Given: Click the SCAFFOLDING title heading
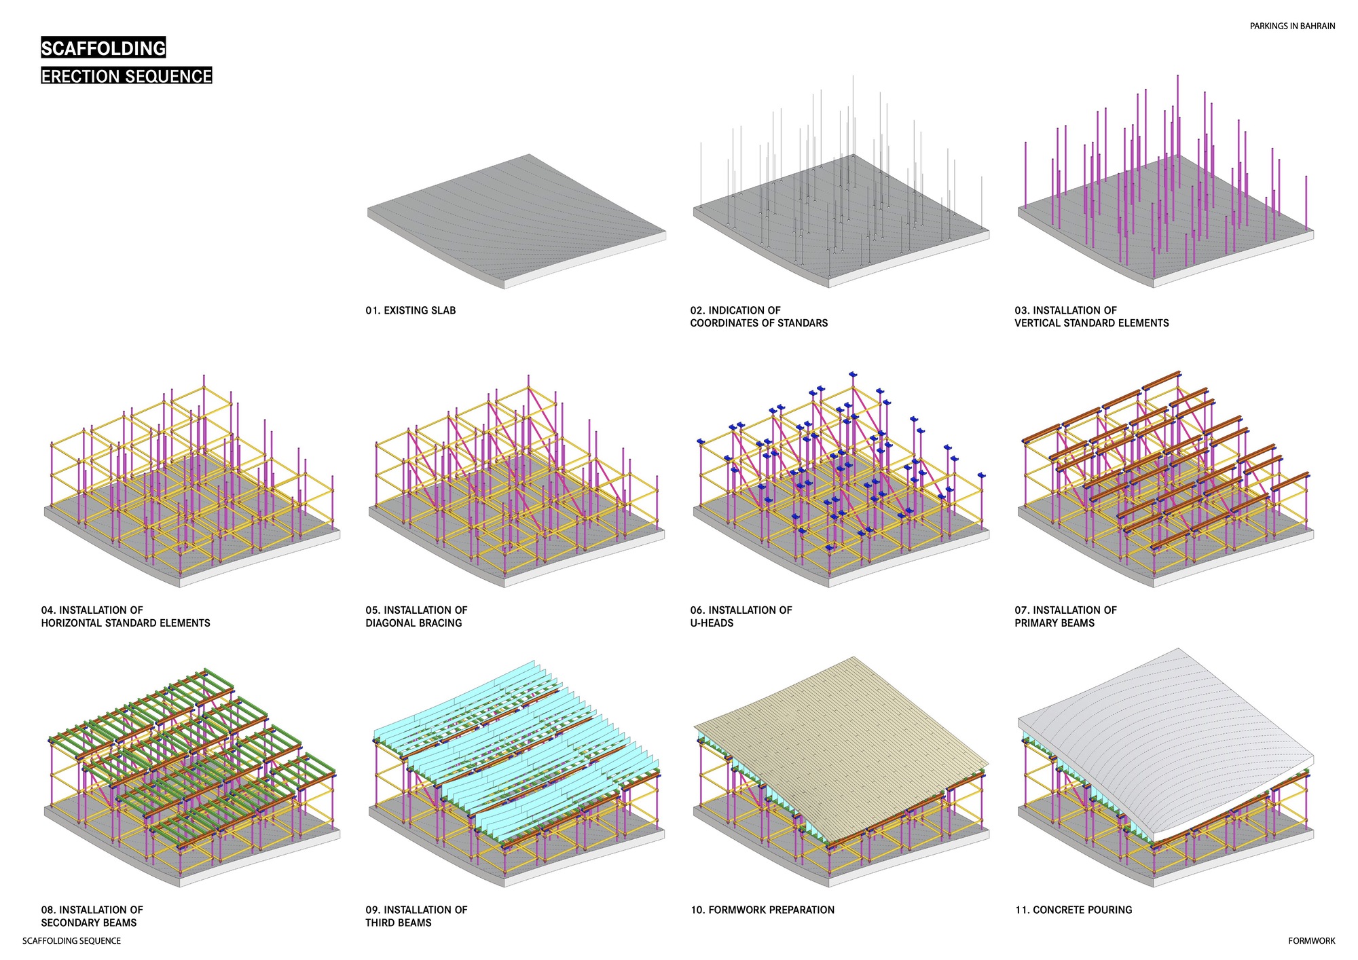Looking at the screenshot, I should click(103, 48).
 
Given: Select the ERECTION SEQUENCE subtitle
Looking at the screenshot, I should click(126, 76).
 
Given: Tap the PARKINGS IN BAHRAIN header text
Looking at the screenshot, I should click(1292, 26).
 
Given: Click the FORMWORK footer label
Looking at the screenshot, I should click(1311, 941).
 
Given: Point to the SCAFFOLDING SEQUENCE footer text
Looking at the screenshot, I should click(71, 941).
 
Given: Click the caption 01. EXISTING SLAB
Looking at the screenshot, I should click(410, 310).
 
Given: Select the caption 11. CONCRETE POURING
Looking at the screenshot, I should click(1073, 910).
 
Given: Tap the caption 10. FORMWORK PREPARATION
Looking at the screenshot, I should click(763, 910).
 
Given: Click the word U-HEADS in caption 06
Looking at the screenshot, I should click(712, 623).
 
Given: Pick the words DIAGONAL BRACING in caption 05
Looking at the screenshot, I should click(414, 623).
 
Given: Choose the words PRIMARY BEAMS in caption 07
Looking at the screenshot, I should click(1054, 623).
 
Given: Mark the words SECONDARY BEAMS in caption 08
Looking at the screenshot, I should click(89, 923).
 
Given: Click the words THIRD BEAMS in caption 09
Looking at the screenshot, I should click(399, 923).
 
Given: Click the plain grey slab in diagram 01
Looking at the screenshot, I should click(516, 217).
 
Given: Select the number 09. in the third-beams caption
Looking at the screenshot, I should click(373, 910).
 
